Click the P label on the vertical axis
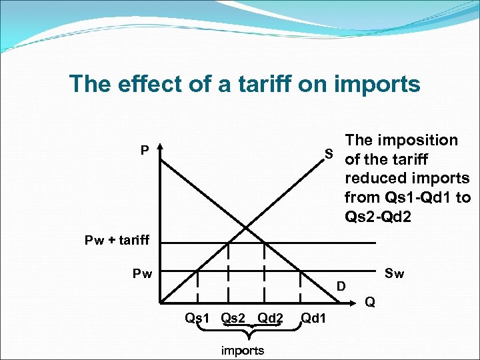145,151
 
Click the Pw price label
141,273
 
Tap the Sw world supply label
395,273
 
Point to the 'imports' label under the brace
242,350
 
